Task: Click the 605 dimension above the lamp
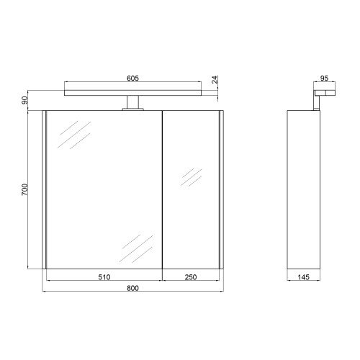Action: [132, 78]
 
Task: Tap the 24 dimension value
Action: [215, 79]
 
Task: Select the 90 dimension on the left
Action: [24, 100]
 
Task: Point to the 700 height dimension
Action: [24, 189]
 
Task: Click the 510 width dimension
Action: [104, 277]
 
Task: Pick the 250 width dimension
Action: [191, 277]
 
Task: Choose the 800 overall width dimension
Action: [132, 288]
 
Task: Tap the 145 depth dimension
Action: [304, 277]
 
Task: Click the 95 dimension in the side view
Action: [324, 78]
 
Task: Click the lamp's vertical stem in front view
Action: [132, 102]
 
